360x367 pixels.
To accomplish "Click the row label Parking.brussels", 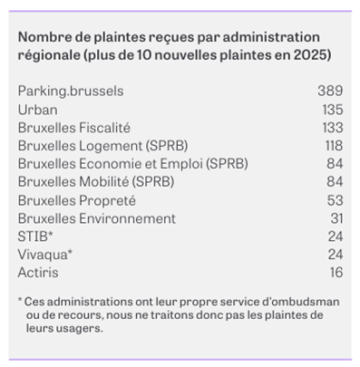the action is [x=71, y=92].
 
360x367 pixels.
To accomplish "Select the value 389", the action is [x=330, y=91].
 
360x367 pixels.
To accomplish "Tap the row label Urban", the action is [x=38, y=110].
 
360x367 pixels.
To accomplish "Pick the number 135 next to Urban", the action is [x=333, y=110].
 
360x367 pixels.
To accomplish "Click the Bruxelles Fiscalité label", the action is [x=74, y=128].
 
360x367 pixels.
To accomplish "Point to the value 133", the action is [x=333, y=128].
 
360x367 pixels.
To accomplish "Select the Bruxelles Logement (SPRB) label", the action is [x=102, y=146].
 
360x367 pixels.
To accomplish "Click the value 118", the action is [x=334, y=146].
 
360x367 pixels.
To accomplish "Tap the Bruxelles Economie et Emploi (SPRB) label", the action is [x=133, y=164].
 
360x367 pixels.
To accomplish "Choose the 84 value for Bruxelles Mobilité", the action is [x=335, y=181].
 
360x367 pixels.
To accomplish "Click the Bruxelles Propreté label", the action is [x=77, y=200].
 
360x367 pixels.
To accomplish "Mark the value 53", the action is [x=335, y=200].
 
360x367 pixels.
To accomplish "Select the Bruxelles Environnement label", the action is [x=97, y=218].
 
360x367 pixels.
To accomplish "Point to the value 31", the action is [x=336, y=218].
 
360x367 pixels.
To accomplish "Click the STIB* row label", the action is [x=35, y=237].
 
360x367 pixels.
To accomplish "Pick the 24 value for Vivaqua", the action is [x=336, y=255].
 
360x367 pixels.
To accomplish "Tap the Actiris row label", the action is [x=38, y=273].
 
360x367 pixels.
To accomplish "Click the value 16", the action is [x=336, y=273].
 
